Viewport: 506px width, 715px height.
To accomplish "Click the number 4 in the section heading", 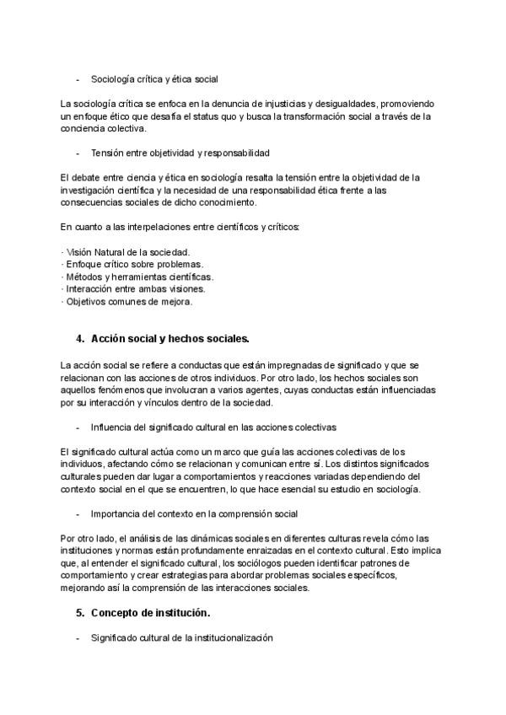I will (79, 339).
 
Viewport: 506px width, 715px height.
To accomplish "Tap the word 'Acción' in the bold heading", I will (110, 339).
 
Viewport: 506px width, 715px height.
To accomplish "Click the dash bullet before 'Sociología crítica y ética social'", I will (78, 78).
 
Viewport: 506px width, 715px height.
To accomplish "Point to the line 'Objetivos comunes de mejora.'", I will (129, 301).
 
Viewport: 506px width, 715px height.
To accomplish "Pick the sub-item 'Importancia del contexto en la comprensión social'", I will (193, 513).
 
